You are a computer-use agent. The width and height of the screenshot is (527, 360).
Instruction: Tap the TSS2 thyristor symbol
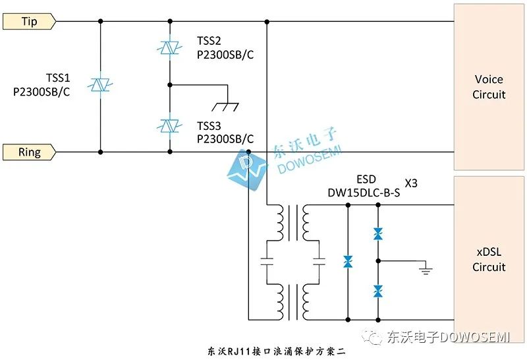coord(170,48)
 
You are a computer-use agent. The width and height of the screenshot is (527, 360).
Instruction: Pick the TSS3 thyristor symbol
coord(170,124)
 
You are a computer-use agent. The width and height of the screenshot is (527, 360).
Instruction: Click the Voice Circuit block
coord(489,87)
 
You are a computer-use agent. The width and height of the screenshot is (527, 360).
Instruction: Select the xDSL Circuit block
coord(489,260)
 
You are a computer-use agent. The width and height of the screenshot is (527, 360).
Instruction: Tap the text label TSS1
coord(58,78)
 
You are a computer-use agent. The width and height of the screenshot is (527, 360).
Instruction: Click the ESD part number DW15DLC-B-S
coord(364,193)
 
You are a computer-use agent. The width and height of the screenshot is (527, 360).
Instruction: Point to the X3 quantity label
coord(410,183)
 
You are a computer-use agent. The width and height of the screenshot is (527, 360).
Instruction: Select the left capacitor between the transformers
coord(266,261)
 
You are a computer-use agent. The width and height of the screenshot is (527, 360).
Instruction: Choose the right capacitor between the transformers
coord(319,261)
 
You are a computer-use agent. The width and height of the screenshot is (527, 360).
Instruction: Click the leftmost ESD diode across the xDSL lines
coord(348,262)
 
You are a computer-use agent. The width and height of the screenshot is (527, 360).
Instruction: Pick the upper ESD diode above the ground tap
coord(378,234)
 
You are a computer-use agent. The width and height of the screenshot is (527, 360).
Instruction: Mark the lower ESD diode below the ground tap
coord(378,290)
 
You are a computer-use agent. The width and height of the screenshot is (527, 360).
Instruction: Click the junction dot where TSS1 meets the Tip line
coord(100,22)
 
